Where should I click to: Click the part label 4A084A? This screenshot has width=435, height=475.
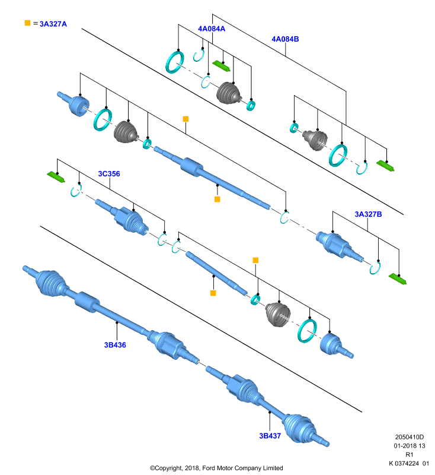pos(212,28)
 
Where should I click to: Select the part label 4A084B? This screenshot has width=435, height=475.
pos(285,39)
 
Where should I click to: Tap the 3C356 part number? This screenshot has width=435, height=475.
pos(109,174)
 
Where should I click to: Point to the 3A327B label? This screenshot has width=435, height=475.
pos(368,214)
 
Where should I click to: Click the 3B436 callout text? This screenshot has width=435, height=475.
pos(115,345)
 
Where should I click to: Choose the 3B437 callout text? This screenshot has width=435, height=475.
pos(270,436)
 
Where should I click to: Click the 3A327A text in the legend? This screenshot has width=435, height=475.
pos(53,24)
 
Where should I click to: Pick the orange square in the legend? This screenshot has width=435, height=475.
pos(27,23)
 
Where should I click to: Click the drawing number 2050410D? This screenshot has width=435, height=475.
pos(410,437)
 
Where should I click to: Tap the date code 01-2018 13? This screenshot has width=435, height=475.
pos(410,446)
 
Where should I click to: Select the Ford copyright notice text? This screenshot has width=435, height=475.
pos(216,468)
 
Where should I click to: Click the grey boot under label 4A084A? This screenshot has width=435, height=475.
pos(229,93)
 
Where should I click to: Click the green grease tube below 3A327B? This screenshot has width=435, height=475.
pos(398,278)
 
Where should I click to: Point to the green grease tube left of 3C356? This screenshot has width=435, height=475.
pos(56,177)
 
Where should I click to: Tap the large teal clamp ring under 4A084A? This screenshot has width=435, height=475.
pos(175,62)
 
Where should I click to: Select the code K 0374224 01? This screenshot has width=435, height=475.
pos(409,463)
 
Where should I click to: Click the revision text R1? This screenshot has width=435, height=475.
pos(409,454)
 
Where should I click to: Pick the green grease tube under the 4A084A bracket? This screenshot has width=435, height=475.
pos(221,66)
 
